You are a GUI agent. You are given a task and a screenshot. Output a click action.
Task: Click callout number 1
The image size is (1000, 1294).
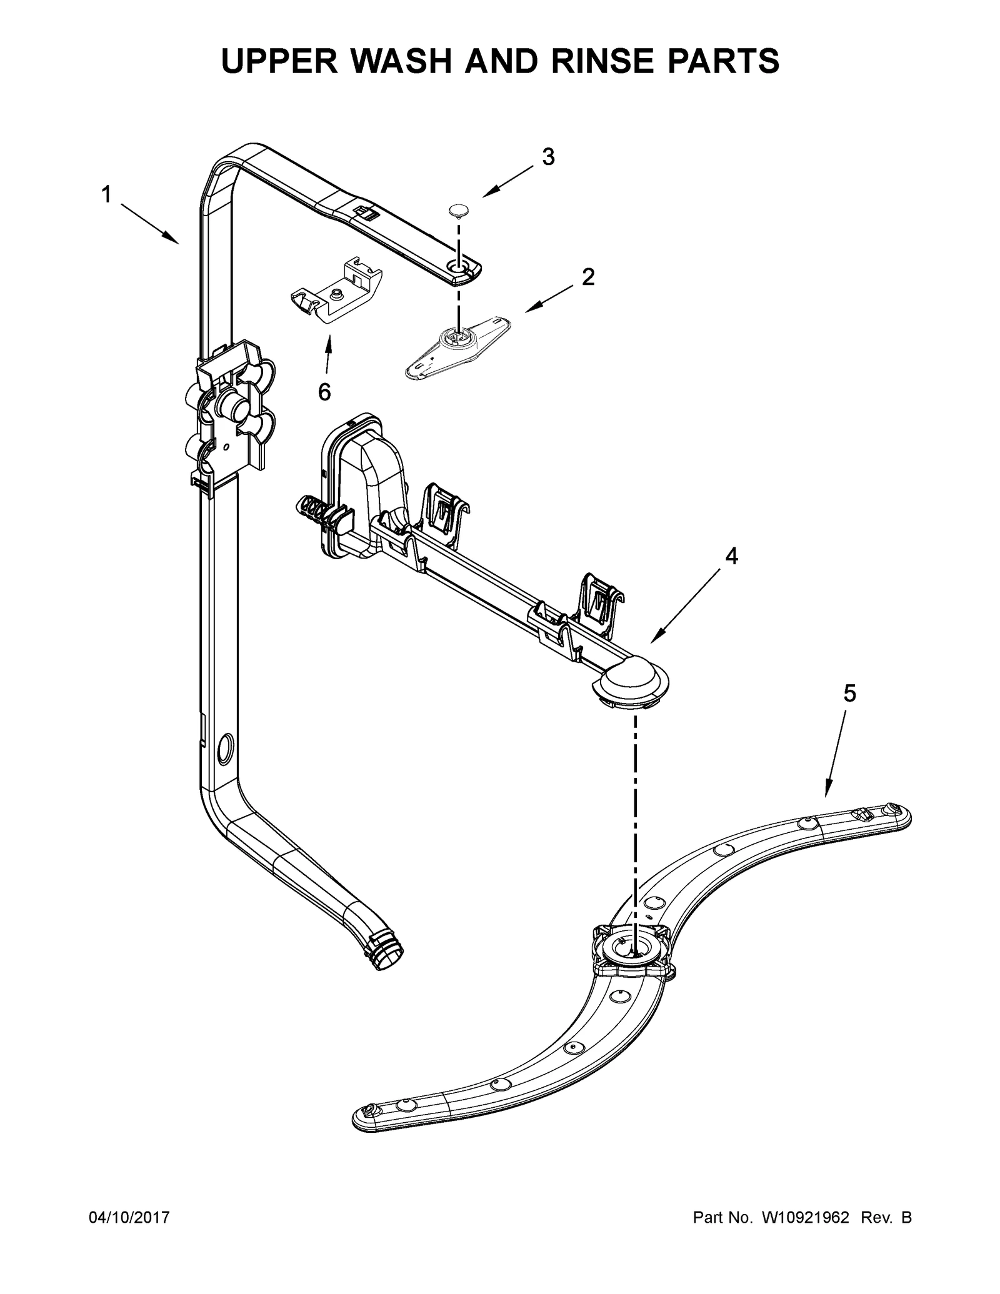pos(106,195)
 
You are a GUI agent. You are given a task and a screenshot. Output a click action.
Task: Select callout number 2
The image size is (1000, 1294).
pos(587,277)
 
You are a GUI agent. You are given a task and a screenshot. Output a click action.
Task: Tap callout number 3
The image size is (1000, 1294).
pos(548,157)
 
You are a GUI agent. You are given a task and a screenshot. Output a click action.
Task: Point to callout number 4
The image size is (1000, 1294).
pos(731,556)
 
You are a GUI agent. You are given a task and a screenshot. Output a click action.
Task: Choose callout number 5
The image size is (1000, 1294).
pos(849,693)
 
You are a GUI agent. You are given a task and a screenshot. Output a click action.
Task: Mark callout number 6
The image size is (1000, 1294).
pos(324,392)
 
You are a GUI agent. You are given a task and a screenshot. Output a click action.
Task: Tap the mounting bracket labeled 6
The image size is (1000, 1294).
pos(336,291)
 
